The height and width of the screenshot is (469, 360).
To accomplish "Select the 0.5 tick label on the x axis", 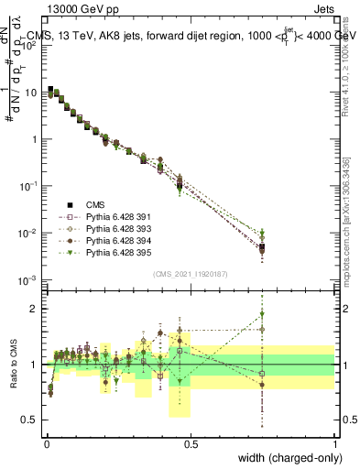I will pos(191,443).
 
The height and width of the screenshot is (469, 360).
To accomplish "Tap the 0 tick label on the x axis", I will pos(47,443).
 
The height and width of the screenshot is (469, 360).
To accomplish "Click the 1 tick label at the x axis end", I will pos(334,443).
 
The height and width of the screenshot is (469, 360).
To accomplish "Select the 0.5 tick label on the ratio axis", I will pos(33,420).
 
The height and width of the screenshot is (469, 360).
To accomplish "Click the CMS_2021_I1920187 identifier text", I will pos(191,274).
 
